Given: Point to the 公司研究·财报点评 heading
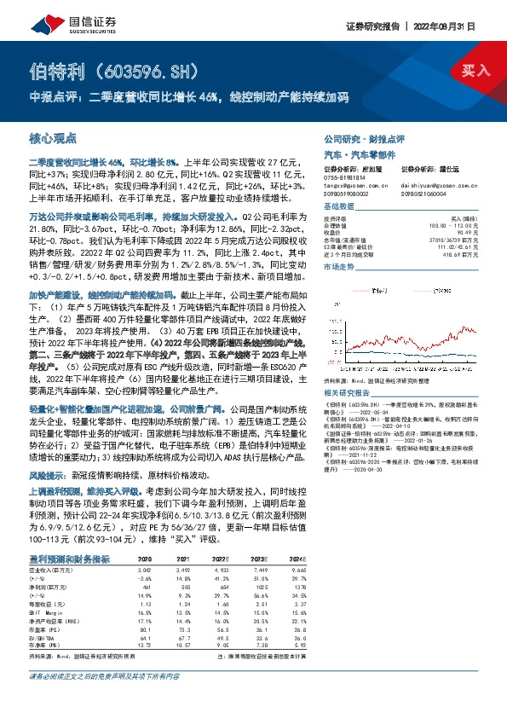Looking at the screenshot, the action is pyautogui.click(x=364, y=137).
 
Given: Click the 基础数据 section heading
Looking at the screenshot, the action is pyautogui.click(x=338, y=207).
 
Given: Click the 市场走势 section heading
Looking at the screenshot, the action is pyautogui.click(x=338, y=267).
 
